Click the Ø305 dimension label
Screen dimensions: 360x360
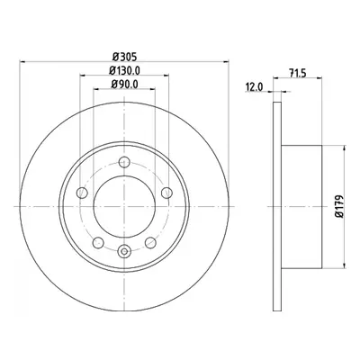coord(124,56)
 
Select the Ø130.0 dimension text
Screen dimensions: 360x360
coord(124,70)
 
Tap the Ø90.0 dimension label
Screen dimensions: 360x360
coord(124,85)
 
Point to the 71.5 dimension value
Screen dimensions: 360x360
coord(297,73)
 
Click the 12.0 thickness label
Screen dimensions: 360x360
coord(254,87)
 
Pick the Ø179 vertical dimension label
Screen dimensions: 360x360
coord(338,206)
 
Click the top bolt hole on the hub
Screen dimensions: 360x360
coord(124,162)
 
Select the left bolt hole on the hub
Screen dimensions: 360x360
coord(82,193)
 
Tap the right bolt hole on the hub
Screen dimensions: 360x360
coord(166,193)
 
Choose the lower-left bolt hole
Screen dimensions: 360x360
coord(98,242)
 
